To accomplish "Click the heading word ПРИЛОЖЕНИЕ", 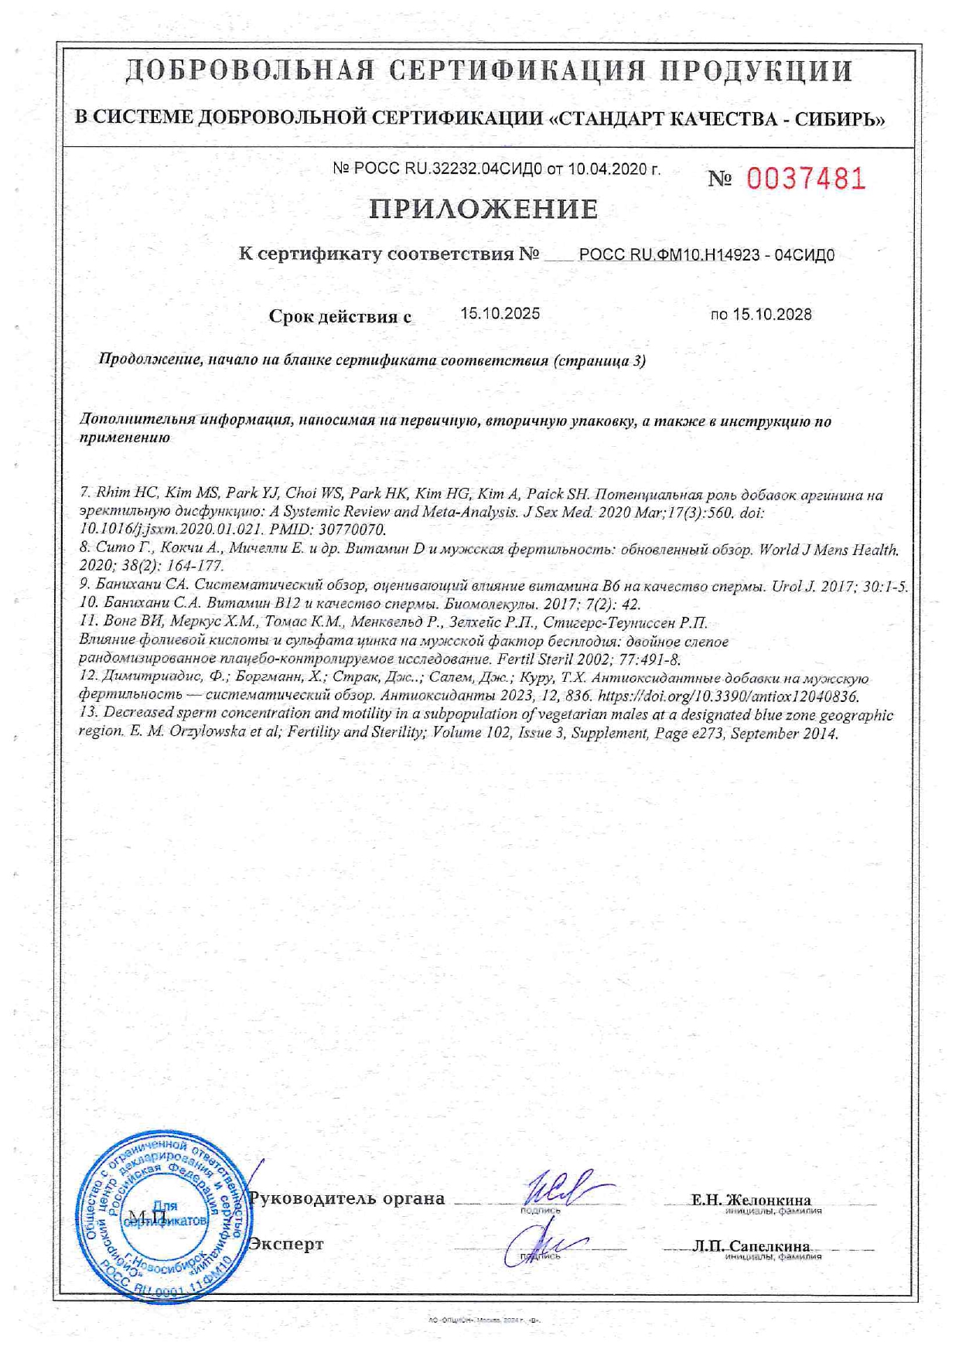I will (x=483, y=209).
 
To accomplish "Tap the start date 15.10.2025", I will (x=500, y=313).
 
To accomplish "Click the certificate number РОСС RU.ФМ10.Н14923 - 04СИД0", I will (x=706, y=255).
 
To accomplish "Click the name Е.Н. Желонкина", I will (x=751, y=1200).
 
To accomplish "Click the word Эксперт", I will (x=285, y=1244).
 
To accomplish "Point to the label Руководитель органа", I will (x=346, y=1198).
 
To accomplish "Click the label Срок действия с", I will (x=340, y=315).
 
